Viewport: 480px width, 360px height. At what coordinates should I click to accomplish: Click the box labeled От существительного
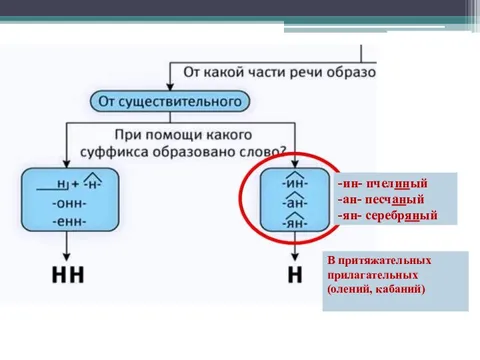coord(167,101)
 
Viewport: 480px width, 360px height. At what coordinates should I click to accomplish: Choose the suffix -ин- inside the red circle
coord(295,184)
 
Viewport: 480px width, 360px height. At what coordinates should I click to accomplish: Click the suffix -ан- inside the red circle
coord(295,203)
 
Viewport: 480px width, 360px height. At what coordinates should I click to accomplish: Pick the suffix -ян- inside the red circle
coord(295,222)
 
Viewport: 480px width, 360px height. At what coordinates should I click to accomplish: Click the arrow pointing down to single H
coord(295,250)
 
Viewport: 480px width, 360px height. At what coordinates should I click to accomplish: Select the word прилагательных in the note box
coord(371,274)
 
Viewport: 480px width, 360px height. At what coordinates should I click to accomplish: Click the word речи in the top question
coord(307,75)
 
